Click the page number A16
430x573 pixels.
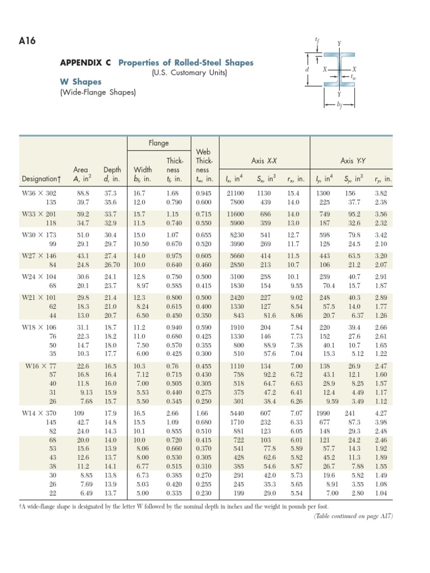tap(30, 42)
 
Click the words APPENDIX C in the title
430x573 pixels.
tap(86, 63)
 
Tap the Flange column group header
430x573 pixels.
tap(158, 143)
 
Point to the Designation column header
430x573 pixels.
tap(41, 179)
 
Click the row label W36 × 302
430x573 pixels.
tap(40, 192)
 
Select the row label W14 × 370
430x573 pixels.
tap(40, 413)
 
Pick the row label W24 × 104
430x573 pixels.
tap(40, 276)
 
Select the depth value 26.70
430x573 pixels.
tap(112, 265)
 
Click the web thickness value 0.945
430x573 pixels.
tap(204, 192)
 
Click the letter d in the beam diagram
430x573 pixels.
tap(306, 70)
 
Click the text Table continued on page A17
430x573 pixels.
tap(354, 516)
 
